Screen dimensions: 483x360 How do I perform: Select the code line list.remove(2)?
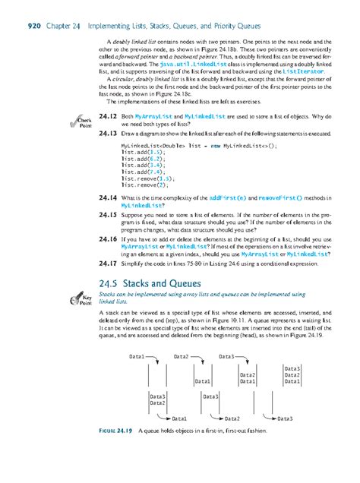144,185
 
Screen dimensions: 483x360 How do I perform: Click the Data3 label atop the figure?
229,355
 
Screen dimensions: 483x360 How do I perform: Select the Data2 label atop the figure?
183,355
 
